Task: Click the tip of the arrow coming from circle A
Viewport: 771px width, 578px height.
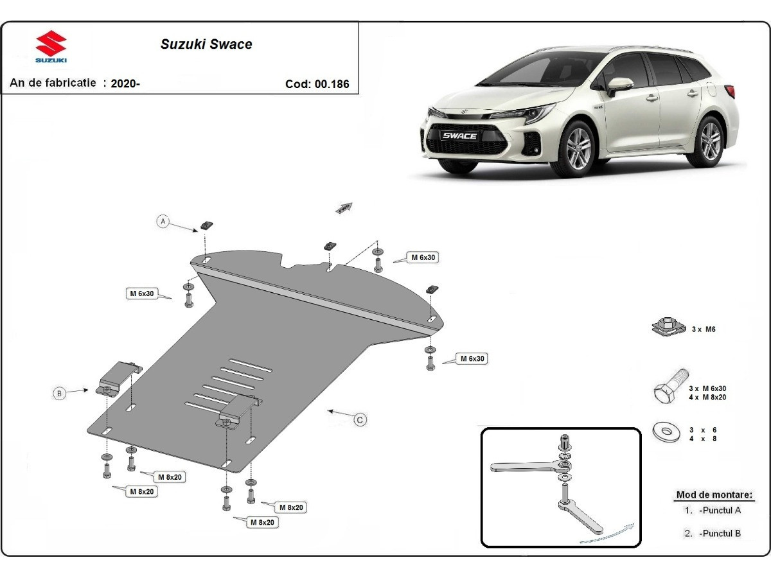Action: click(x=198, y=231)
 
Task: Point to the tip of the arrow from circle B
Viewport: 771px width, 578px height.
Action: click(x=88, y=390)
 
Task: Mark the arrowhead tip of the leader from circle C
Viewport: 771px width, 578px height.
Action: click(x=328, y=410)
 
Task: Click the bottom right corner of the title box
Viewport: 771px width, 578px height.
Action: click(x=359, y=94)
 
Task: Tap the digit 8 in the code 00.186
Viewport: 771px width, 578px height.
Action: click(x=339, y=84)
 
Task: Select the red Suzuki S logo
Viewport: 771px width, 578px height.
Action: click(x=51, y=43)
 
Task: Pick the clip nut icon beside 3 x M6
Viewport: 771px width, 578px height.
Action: click(x=668, y=328)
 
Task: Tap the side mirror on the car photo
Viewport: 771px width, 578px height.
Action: click(x=619, y=85)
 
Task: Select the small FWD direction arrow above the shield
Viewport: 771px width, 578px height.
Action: click(x=344, y=207)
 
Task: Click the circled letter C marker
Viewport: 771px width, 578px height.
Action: click(x=360, y=420)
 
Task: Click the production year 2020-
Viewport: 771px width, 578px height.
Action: click(x=125, y=84)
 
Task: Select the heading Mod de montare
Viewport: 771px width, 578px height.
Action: click(x=714, y=495)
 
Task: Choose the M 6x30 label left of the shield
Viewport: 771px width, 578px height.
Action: click(x=142, y=293)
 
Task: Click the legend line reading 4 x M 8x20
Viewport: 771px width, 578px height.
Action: click(x=707, y=398)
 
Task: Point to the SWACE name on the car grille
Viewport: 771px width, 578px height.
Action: click(x=459, y=136)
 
